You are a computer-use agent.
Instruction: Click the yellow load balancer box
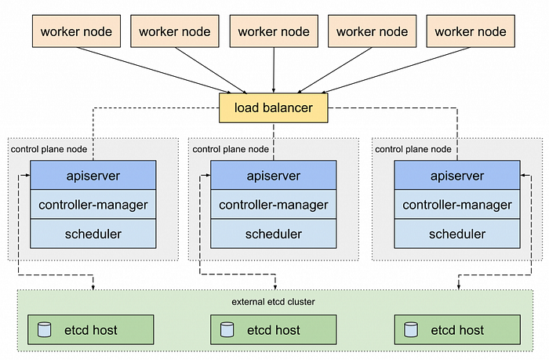pos(274,108)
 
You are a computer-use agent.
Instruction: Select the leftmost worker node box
pos(76,31)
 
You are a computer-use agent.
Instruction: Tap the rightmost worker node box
pos(471,31)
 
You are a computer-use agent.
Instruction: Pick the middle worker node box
pos(274,31)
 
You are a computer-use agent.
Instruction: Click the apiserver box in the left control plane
pos(93,175)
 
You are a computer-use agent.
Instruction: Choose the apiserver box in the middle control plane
pos(274,175)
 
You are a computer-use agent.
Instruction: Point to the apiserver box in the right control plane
pos(457,175)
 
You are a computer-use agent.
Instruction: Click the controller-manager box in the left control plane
pos(93,205)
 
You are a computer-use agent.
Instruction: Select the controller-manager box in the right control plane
pos(457,205)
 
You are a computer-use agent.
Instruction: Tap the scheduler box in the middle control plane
pos(274,234)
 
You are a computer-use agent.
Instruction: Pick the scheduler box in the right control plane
pos(457,234)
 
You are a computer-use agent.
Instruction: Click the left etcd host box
pos(91,329)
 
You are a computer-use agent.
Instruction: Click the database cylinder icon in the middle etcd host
pos(227,329)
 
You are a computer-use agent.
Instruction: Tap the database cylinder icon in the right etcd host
pos(411,329)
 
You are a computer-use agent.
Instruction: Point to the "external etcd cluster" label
pos(273,302)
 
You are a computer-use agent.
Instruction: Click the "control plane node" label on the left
pos(49,150)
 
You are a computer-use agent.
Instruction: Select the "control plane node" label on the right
pos(413,150)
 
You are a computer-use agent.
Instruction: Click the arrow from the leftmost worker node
pos(154,71)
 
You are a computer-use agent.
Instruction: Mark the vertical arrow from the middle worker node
pos(274,70)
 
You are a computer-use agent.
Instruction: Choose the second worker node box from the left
pos(175,31)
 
